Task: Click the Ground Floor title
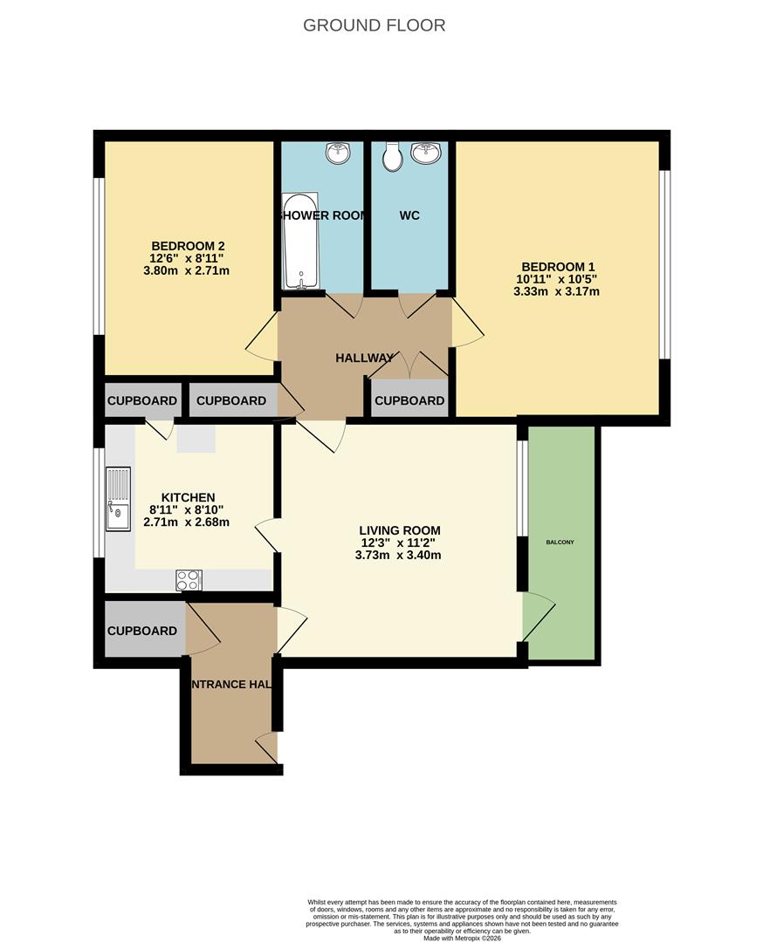tap(374, 25)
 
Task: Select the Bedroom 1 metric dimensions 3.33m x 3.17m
tap(556, 291)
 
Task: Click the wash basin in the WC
tap(426, 154)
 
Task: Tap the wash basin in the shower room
tap(338, 154)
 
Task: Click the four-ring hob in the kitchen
tap(189, 580)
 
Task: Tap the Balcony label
tap(560, 543)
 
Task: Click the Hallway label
tap(364, 358)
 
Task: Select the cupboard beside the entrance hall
tap(142, 631)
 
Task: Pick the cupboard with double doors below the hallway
tap(409, 401)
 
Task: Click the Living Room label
tap(400, 530)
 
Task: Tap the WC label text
tap(409, 215)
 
